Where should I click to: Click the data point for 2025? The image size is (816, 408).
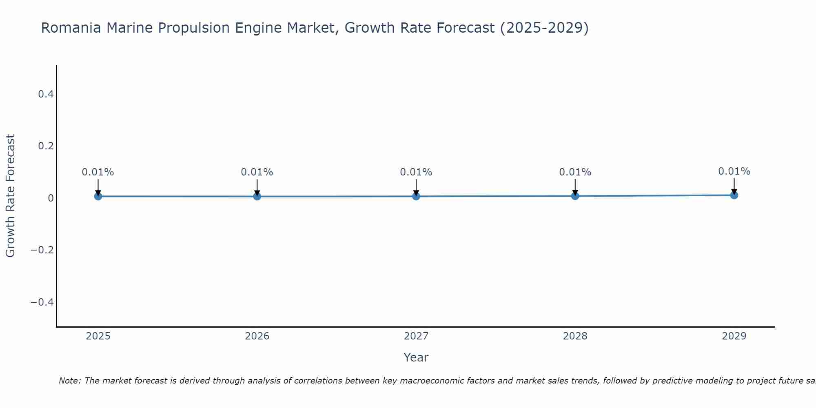click(98, 196)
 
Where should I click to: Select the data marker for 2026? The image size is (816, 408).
click(257, 196)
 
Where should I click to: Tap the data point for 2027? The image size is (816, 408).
click(416, 196)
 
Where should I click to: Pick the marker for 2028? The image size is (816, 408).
click(575, 196)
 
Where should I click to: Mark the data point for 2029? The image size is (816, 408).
click(734, 195)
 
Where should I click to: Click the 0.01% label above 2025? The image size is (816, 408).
click(98, 172)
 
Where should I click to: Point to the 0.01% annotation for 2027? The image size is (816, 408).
click(416, 172)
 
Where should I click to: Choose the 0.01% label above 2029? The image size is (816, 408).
click(734, 171)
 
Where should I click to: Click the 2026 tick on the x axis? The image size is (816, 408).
click(257, 336)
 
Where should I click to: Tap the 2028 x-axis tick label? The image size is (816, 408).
click(575, 336)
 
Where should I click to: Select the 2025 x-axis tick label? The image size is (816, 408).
click(98, 336)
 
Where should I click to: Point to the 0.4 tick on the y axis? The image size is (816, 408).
click(46, 94)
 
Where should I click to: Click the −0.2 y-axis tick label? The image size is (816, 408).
click(42, 250)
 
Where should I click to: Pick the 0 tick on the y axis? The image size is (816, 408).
click(51, 198)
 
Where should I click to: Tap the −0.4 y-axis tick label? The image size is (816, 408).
click(42, 302)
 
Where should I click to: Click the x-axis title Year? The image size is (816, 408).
click(416, 357)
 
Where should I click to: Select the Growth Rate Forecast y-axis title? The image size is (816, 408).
click(10, 196)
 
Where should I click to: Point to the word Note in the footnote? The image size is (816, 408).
click(69, 381)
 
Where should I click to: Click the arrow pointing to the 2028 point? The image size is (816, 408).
click(575, 187)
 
